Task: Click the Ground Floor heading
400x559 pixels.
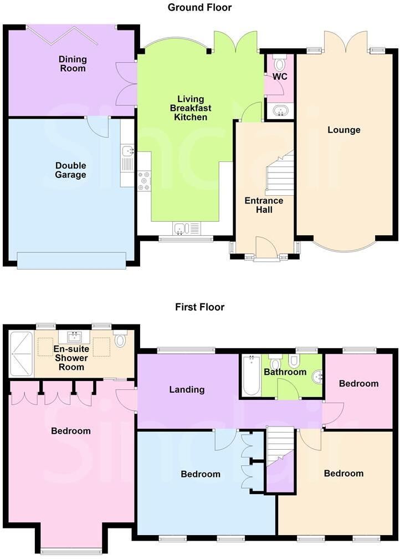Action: coord(199,7)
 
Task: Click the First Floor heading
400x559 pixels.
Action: coord(199,307)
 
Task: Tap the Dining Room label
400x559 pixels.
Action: coord(73,64)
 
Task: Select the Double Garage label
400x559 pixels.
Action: coord(70,170)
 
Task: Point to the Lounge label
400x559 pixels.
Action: coord(343,130)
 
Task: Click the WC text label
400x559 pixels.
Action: coord(280,77)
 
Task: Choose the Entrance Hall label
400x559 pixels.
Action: coord(264,205)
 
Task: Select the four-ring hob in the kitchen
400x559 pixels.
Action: coord(144,182)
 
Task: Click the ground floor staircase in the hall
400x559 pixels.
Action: coord(280,172)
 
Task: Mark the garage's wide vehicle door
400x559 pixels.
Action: coord(71,260)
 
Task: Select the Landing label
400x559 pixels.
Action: coord(187,390)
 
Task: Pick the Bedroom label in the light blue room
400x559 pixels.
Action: coord(201,474)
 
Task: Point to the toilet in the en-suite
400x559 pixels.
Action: coord(120,339)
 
